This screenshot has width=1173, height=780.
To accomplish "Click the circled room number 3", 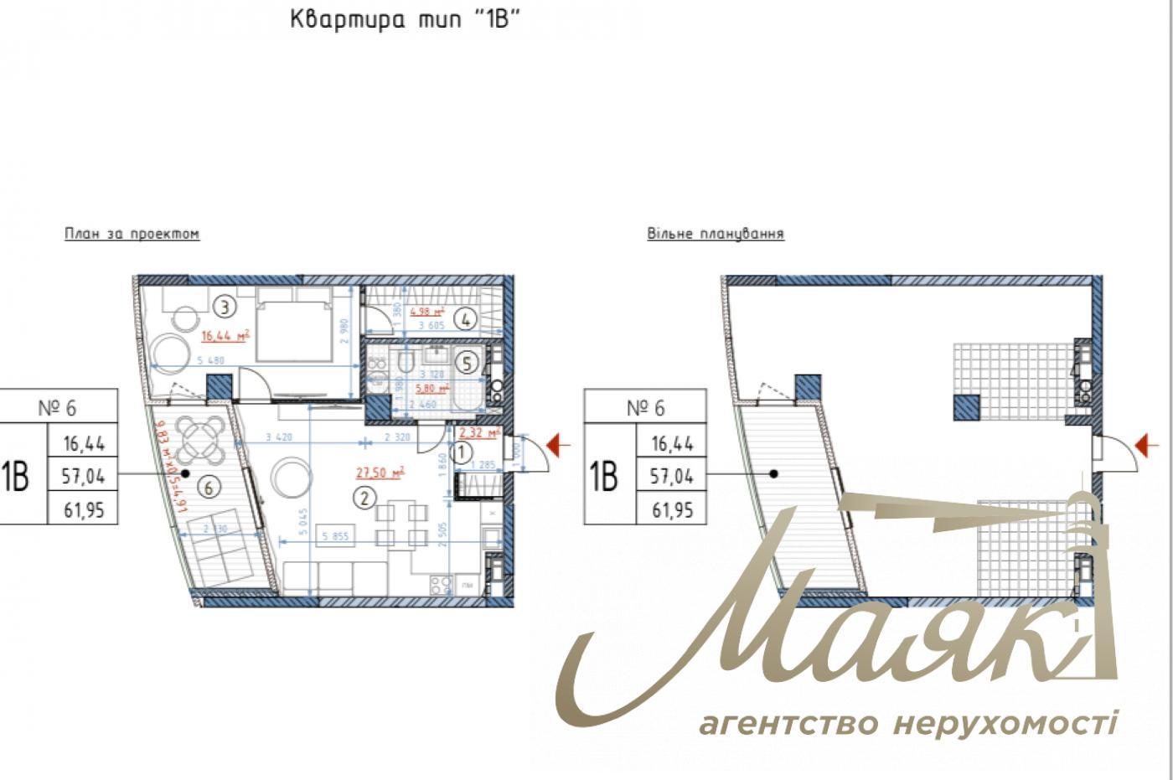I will pos(224,307).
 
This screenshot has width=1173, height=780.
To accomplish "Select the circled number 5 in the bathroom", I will pos(468,363).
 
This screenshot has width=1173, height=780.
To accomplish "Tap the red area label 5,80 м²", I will pos(432,389).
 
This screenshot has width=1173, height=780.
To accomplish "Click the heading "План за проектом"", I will pos(132,234).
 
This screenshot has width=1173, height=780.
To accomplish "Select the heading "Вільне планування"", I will pos(715,234).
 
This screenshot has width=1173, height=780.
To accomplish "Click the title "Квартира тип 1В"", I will pos(406,19).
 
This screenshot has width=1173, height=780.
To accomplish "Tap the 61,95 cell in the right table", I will pos(672,509).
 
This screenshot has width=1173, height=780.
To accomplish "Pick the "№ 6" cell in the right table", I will pos(645,408).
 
